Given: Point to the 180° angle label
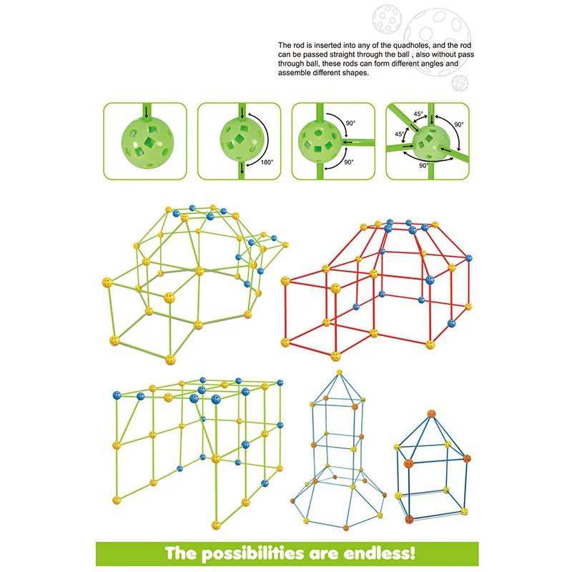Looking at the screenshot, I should pos(267,162).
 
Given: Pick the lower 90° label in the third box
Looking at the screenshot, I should pos(348,162).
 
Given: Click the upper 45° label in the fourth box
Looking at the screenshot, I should pos(418,113).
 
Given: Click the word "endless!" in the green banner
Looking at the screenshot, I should pos(371,553).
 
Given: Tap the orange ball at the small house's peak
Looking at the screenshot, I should pos(432,413).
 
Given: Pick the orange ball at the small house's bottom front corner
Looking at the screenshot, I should pos(408,518).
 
